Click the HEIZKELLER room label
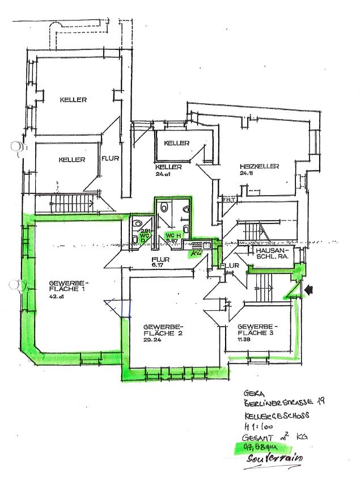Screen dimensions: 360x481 click(x=259, y=166)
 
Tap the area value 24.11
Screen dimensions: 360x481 click(x=246, y=173)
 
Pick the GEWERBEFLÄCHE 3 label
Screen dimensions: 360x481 click(x=257, y=330)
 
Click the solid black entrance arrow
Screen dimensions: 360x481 click(x=310, y=289)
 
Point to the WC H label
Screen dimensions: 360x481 click(x=172, y=235)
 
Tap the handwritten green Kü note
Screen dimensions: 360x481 click(x=197, y=254)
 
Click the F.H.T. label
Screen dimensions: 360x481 click(x=228, y=200)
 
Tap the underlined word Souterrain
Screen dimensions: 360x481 click(x=276, y=458)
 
